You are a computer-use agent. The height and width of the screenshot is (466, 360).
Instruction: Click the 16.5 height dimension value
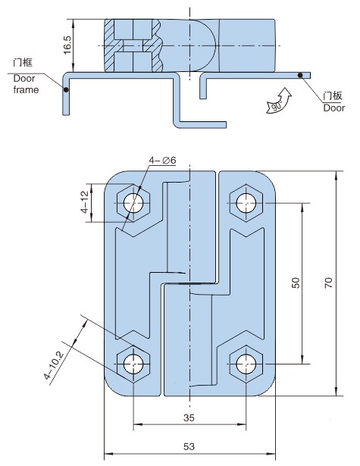pyautogui.click(x=67, y=45)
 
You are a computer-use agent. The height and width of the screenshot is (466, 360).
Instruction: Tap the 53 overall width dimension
pyautogui.click(x=189, y=446)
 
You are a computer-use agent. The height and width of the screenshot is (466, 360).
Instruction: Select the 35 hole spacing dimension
pyautogui.click(x=189, y=418)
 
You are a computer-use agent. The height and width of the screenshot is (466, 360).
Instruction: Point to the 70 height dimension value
pyautogui.click(x=328, y=283)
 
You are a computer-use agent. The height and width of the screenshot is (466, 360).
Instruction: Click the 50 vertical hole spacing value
pyautogui.click(x=296, y=283)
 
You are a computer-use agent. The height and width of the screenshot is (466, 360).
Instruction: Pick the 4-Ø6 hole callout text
pyautogui.click(x=162, y=160)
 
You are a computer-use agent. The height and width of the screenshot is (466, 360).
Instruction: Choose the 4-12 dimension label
pyautogui.click(x=85, y=202)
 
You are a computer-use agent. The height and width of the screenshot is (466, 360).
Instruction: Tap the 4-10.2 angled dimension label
pyautogui.click(x=54, y=365)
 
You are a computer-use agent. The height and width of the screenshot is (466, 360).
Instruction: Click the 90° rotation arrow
pyautogui.click(x=279, y=101)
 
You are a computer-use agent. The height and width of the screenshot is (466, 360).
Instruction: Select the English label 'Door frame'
pyautogui.click(x=26, y=84)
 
